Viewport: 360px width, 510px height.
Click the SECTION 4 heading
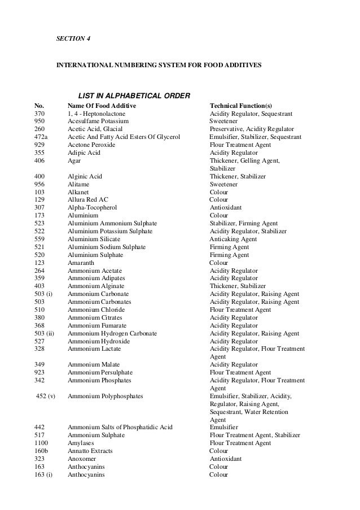(x=73, y=38)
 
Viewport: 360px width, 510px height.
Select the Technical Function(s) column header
(x=240, y=106)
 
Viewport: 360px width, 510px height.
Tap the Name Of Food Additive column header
(x=102, y=106)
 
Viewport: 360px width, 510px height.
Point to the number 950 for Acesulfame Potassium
(x=39, y=121)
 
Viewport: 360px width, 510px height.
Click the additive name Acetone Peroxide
(x=91, y=145)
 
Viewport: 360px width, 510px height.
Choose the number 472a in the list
(x=41, y=137)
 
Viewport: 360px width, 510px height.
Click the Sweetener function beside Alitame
(x=224, y=184)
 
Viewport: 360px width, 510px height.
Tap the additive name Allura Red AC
(x=87, y=200)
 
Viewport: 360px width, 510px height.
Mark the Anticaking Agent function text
(x=233, y=239)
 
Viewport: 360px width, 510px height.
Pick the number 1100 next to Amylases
(x=41, y=443)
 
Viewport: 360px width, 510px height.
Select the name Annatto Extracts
(x=90, y=451)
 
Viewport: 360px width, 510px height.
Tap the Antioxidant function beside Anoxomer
(x=226, y=459)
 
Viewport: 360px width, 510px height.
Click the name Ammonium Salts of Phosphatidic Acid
(x=120, y=428)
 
